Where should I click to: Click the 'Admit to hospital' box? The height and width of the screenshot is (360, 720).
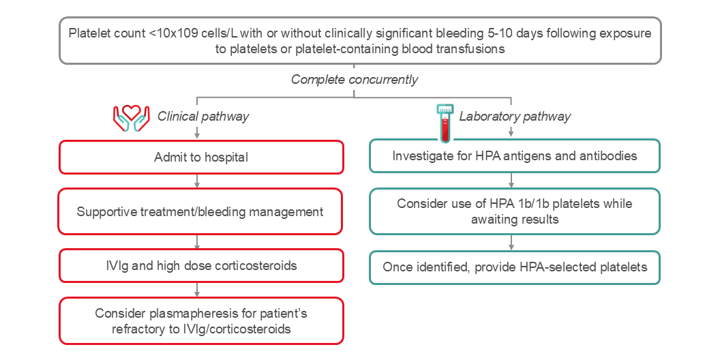[x=200, y=157]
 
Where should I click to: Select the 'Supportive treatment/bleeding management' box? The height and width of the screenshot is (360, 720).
[x=200, y=211]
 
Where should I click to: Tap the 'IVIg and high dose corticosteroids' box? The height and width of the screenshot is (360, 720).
[x=200, y=265]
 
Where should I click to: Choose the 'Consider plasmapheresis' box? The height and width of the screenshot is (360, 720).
[x=200, y=320]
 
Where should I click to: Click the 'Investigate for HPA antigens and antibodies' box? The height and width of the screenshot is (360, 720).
[x=515, y=156]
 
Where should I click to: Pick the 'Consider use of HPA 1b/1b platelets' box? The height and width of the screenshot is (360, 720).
[x=515, y=211]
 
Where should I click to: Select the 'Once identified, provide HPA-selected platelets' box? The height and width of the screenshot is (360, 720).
[x=515, y=267]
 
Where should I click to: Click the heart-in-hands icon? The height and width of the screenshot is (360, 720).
[x=131, y=117]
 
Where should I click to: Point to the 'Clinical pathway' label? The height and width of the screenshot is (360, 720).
[x=203, y=116]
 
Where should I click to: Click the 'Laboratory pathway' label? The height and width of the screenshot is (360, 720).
[x=515, y=116]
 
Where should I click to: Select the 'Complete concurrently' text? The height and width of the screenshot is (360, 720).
[x=355, y=80]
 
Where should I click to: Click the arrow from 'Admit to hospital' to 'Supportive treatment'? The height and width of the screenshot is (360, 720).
[x=197, y=181]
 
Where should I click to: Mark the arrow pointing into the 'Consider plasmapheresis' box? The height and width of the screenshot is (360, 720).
[x=197, y=290]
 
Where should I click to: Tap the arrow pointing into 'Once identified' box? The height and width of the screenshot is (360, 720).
[x=511, y=243]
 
